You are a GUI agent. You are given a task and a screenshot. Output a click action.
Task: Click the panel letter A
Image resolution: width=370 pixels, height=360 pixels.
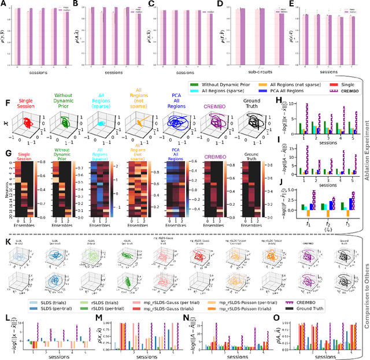tap(5, 4)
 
